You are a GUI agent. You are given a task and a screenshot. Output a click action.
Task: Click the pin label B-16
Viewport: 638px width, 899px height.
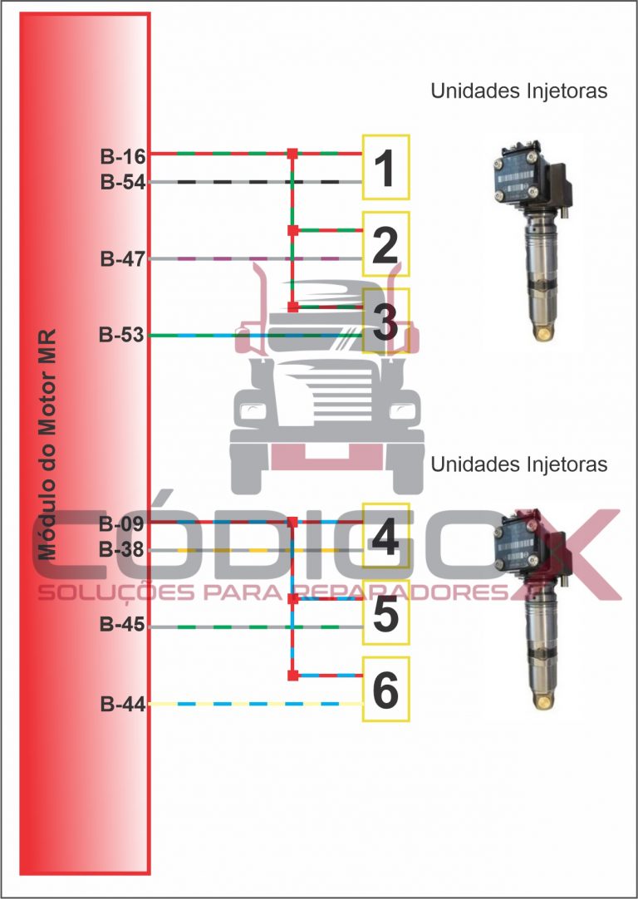click(123, 156)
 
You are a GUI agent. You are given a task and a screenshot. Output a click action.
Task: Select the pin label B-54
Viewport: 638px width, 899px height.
click(123, 183)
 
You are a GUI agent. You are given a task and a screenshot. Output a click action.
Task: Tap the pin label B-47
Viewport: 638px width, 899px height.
click(123, 259)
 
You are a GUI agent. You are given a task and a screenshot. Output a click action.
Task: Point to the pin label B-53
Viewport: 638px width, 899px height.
click(121, 335)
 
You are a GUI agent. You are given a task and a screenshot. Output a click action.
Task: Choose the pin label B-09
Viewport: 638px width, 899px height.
click(121, 524)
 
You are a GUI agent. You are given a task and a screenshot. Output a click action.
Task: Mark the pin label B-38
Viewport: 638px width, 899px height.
click(121, 550)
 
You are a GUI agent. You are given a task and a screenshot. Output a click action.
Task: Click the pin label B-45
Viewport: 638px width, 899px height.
click(123, 624)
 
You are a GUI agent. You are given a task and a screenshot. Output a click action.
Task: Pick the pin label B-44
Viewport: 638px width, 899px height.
click(123, 704)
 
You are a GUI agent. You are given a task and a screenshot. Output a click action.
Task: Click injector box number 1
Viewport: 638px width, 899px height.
click(385, 167)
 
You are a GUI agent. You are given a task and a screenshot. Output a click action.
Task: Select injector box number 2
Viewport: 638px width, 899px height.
click(385, 244)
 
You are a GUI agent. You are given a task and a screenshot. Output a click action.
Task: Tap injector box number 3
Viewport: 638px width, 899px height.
click(385, 321)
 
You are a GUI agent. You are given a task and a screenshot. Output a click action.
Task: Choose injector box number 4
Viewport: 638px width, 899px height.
click(385, 536)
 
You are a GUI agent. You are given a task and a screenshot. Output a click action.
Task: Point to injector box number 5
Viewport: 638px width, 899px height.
click(385, 612)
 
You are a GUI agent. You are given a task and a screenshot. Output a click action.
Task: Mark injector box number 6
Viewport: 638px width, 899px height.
click(385, 689)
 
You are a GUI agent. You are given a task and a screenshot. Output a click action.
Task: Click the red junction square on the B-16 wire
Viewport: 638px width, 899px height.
click(292, 154)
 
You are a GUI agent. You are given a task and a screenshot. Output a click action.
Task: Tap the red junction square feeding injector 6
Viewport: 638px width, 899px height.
click(293, 675)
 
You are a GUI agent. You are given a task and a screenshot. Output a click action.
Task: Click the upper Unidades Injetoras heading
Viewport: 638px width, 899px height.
click(518, 91)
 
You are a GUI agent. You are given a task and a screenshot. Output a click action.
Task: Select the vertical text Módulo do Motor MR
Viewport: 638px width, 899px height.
click(47, 445)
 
